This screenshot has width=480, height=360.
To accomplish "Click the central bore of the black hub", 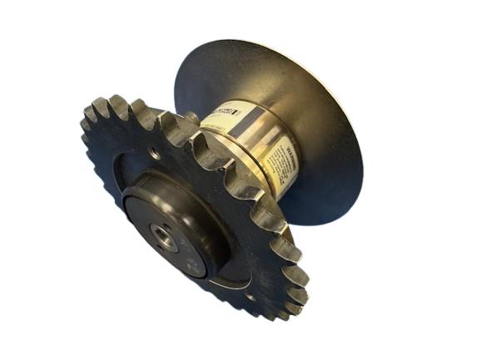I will pyautogui.click(x=164, y=237).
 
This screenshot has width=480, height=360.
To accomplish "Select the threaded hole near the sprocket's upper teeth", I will pyautogui.click(x=156, y=153).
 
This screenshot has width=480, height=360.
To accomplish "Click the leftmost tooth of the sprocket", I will pyautogui.click(x=86, y=125).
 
